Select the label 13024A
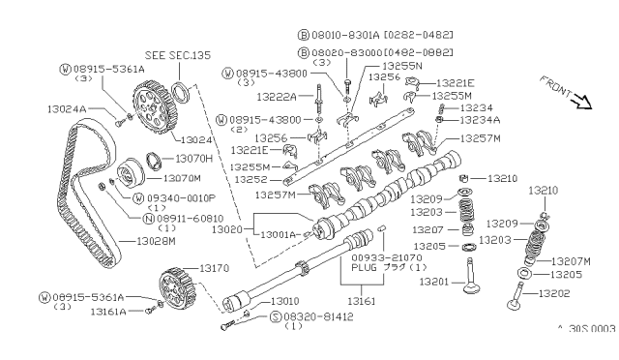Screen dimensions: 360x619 (69, 109)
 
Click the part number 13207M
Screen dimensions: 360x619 (572, 261)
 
